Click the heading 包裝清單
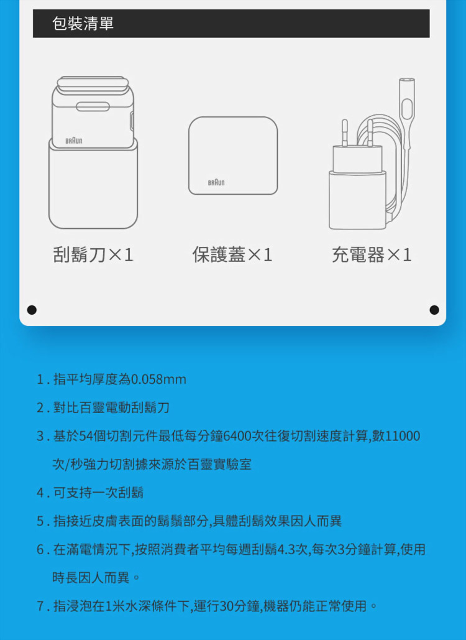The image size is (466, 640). (x=83, y=24)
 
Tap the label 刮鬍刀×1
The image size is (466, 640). (x=93, y=255)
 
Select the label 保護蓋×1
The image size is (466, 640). (x=232, y=255)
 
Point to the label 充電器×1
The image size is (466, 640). (x=372, y=255)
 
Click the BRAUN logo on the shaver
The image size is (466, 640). (x=73, y=141)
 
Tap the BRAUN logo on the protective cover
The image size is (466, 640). (x=216, y=182)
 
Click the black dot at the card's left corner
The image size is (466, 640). (x=32, y=310)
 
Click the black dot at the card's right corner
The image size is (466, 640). (x=434, y=310)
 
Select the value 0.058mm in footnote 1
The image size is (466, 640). (x=159, y=379)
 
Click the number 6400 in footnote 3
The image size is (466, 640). (x=234, y=436)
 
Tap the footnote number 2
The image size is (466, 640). (x=40, y=408)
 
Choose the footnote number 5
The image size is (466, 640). (x=40, y=521)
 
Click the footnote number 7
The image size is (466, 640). (x=40, y=606)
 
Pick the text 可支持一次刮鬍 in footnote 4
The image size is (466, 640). (x=98, y=493)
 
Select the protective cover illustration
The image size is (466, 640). (x=233, y=155)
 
